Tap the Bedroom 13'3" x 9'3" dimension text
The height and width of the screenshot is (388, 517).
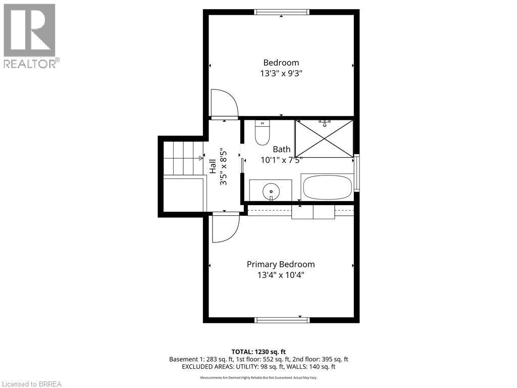point(281,73)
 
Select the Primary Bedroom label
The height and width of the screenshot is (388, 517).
point(281,264)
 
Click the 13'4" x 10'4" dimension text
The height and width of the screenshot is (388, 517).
point(281,275)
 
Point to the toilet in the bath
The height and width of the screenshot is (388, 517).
point(263,133)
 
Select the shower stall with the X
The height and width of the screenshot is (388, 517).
point(324,138)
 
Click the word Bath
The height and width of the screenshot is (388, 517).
point(282,149)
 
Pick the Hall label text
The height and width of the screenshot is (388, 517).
point(213,167)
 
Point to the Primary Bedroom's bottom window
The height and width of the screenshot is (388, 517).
point(282,320)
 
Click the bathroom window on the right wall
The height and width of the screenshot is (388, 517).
point(357,173)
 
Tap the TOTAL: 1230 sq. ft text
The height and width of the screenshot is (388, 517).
point(258,352)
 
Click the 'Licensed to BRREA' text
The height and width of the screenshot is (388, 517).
point(31,384)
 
